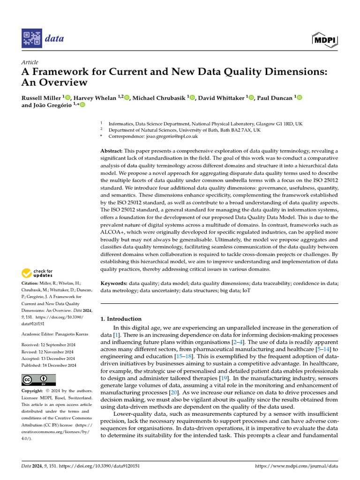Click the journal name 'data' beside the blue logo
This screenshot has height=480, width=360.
coord(54,38)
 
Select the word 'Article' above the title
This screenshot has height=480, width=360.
coord(30,62)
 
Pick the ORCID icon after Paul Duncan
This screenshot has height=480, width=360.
coord(299,97)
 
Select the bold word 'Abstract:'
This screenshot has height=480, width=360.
coord(112,150)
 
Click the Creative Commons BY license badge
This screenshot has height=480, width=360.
coord(39,380)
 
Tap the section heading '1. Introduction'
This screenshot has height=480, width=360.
coord(121,319)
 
